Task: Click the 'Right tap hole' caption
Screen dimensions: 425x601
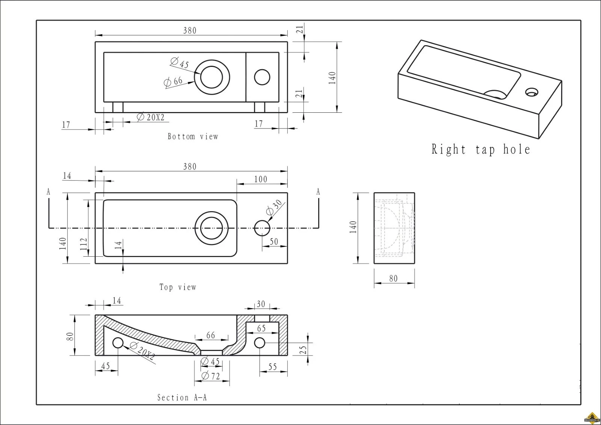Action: click(481, 150)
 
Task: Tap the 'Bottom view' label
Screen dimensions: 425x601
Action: click(193, 136)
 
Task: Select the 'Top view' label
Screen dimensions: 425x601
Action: click(178, 287)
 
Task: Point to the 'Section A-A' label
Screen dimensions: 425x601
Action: click(182, 398)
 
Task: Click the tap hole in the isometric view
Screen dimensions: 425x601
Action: click(531, 91)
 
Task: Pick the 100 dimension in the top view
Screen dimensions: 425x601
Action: click(260, 179)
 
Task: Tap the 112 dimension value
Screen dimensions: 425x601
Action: click(83, 242)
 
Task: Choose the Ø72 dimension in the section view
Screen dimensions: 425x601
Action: click(211, 376)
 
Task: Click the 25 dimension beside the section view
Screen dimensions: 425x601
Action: click(304, 350)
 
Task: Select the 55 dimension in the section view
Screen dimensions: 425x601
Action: click(272, 366)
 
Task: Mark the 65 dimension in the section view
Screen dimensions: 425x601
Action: click(261, 328)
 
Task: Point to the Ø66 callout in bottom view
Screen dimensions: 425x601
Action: click(174, 81)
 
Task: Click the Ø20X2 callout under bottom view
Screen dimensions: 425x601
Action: click(151, 117)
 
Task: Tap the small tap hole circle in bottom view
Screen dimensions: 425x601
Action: click(262, 77)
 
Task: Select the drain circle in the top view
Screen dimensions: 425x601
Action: click(211, 228)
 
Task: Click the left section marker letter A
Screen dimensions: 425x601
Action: click(48, 192)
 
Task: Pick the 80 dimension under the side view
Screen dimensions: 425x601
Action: click(393, 278)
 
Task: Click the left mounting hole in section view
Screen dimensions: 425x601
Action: click(118, 343)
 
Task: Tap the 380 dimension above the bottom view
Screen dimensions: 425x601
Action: click(190, 31)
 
